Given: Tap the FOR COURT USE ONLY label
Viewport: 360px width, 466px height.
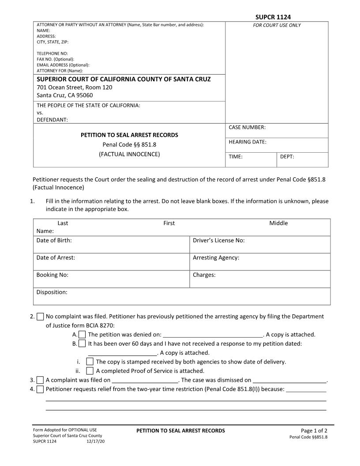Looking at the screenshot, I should [277, 25].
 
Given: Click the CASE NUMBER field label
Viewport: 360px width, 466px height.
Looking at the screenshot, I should [247, 128].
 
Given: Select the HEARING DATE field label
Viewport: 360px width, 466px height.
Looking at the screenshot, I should [247, 142].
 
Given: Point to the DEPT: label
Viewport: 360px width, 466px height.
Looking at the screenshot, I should [287, 157].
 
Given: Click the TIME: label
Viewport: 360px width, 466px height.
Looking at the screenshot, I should [236, 157].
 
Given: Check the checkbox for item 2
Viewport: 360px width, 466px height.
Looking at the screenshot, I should [40, 316].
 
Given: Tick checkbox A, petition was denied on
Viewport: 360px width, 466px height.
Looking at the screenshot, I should [82, 334].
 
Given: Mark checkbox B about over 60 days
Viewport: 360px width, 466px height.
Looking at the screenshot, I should [82, 343].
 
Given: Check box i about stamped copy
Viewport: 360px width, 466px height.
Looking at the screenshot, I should [90, 362].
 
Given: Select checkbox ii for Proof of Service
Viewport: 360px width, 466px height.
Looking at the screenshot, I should [90, 371].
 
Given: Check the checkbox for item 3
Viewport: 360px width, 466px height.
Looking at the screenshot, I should [40, 380].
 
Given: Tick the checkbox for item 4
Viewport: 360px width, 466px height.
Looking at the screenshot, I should [40, 389].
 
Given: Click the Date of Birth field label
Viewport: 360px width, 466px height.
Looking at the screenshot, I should [54, 241].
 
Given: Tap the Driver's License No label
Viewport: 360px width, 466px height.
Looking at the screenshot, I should [218, 241].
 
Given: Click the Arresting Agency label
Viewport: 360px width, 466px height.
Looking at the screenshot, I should [216, 258].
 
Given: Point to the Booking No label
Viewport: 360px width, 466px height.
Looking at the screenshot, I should [52, 275].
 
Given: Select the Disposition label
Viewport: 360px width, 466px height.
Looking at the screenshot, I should [52, 292].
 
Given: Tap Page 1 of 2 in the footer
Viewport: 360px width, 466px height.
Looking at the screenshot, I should [314, 431].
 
